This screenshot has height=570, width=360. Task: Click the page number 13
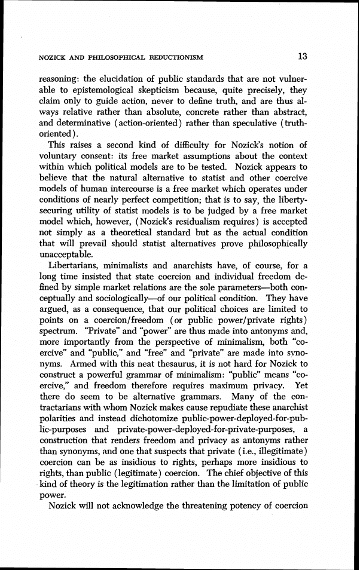tap(302, 57)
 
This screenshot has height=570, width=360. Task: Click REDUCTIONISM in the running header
tap(174, 58)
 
